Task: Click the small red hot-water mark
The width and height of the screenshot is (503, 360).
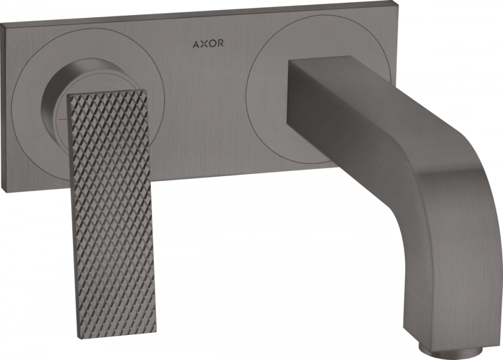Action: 62,120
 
